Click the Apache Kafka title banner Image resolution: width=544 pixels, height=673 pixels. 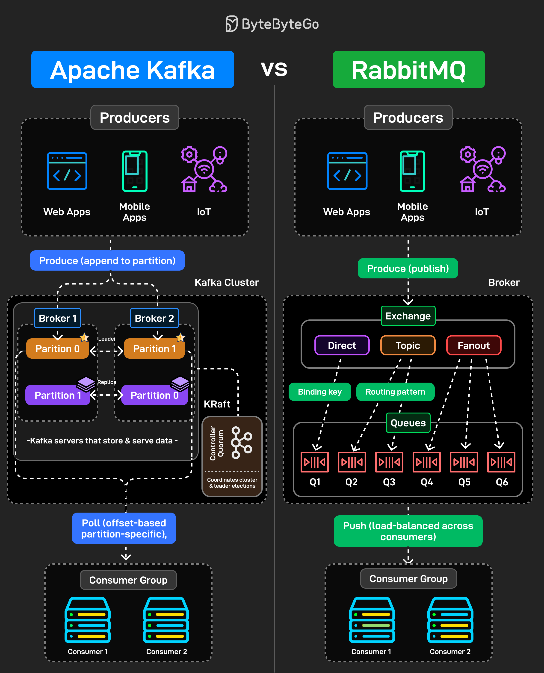[x=133, y=70]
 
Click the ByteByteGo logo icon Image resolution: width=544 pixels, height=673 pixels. [x=232, y=24]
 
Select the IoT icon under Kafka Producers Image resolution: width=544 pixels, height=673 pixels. [x=204, y=169]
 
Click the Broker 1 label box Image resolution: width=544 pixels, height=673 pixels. [x=58, y=318]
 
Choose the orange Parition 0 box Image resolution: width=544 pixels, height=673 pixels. [x=58, y=348]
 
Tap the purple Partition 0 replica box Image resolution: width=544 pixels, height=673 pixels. [x=154, y=395]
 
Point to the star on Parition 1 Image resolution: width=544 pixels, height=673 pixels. [x=180, y=337]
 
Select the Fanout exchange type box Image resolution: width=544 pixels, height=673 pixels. [x=473, y=345]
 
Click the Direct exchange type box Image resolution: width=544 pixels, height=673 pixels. [x=342, y=345]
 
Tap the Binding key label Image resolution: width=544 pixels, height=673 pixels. [x=320, y=392]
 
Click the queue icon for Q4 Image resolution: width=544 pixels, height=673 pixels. [x=426, y=462]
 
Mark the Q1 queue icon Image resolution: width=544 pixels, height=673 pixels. [x=314, y=462]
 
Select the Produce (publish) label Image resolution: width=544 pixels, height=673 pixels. [x=408, y=268]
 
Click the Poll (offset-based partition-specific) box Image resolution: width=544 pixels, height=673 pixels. [x=124, y=528]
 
